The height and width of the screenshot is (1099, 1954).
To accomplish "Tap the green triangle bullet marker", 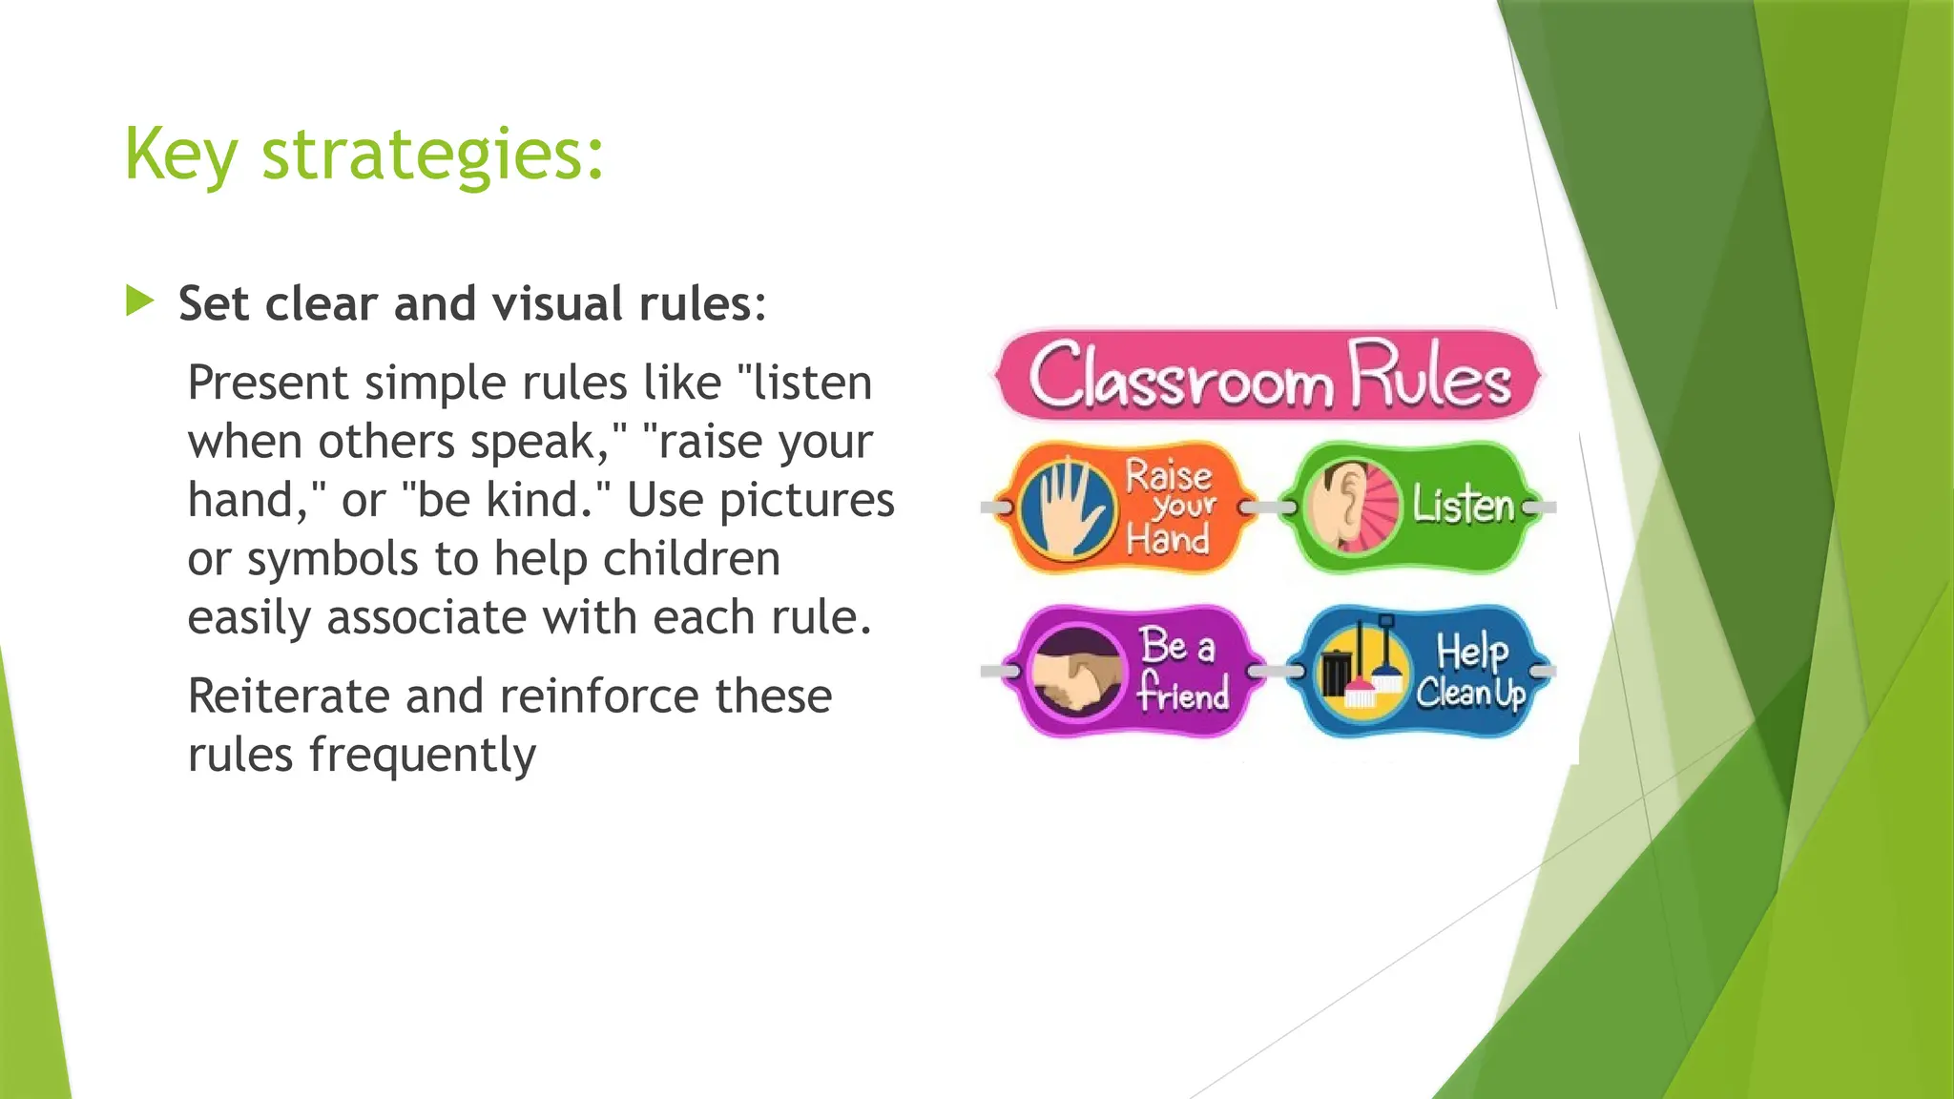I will click(x=139, y=301).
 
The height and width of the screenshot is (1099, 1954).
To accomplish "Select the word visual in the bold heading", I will click(x=559, y=303).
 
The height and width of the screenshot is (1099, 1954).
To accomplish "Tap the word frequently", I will click(x=422, y=756).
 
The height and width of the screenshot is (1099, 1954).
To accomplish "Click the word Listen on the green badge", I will click(x=1464, y=506).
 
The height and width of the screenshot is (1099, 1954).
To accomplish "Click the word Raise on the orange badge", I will click(x=1168, y=475).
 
